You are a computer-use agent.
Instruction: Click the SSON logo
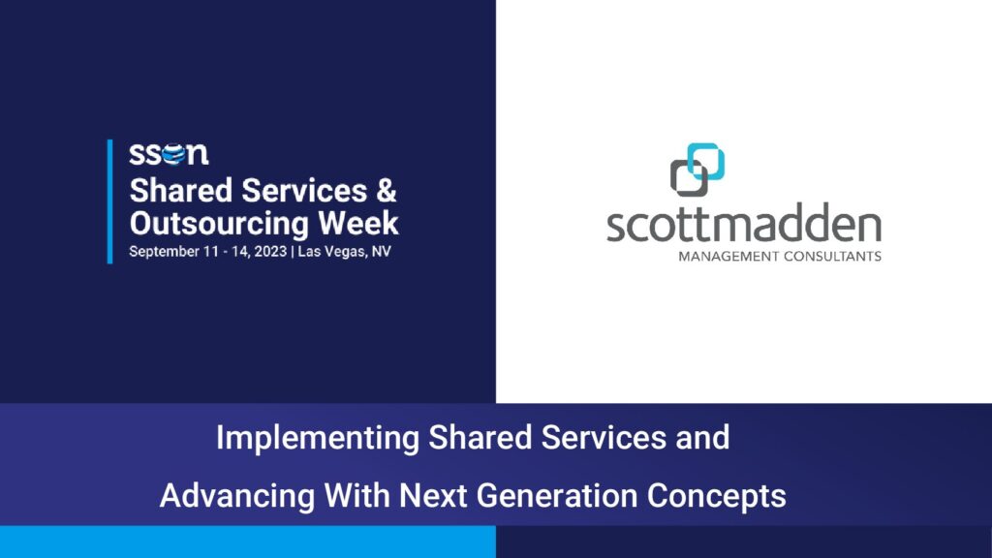pyautogui.click(x=169, y=154)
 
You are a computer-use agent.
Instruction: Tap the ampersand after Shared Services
pyautogui.click(x=387, y=191)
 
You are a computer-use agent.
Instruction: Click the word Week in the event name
pyautogui.click(x=358, y=224)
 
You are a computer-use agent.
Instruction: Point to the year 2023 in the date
pyautogui.click(x=271, y=251)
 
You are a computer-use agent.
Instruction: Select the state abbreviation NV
pyautogui.click(x=382, y=251)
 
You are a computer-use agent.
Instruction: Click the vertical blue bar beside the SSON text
pyautogui.click(x=110, y=201)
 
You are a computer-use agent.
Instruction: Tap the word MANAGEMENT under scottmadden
pyautogui.click(x=728, y=256)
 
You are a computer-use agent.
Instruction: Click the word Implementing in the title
pyautogui.click(x=317, y=439)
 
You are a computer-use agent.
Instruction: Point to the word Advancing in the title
pyautogui.click(x=237, y=496)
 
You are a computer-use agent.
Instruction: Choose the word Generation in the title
pyautogui.click(x=557, y=495)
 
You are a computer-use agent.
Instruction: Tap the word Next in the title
pyautogui.click(x=434, y=495)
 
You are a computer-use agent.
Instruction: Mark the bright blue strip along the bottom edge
pyautogui.click(x=248, y=542)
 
